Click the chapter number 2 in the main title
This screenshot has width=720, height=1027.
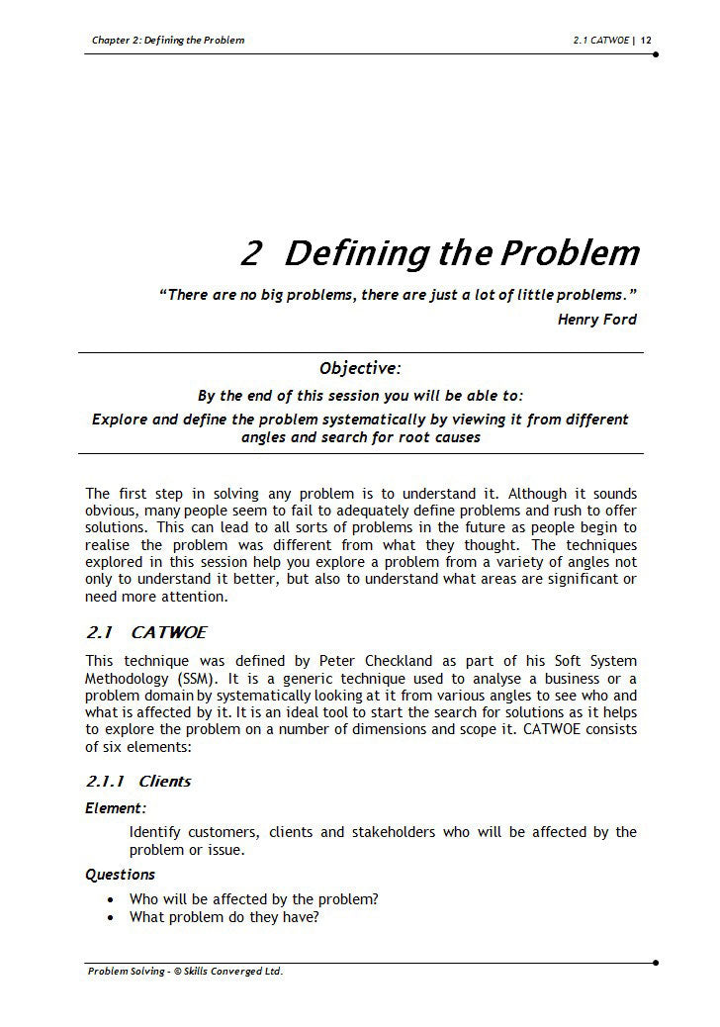click(251, 254)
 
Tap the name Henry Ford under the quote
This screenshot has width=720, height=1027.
click(596, 319)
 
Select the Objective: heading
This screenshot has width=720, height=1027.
click(360, 369)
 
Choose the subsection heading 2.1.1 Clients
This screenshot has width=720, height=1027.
click(138, 782)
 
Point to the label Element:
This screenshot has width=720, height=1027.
click(116, 808)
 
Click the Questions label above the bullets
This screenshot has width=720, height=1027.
click(120, 875)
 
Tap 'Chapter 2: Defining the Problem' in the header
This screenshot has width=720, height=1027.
click(167, 41)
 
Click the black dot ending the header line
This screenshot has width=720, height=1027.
click(656, 53)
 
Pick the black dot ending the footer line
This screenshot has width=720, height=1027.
click(656, 962)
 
